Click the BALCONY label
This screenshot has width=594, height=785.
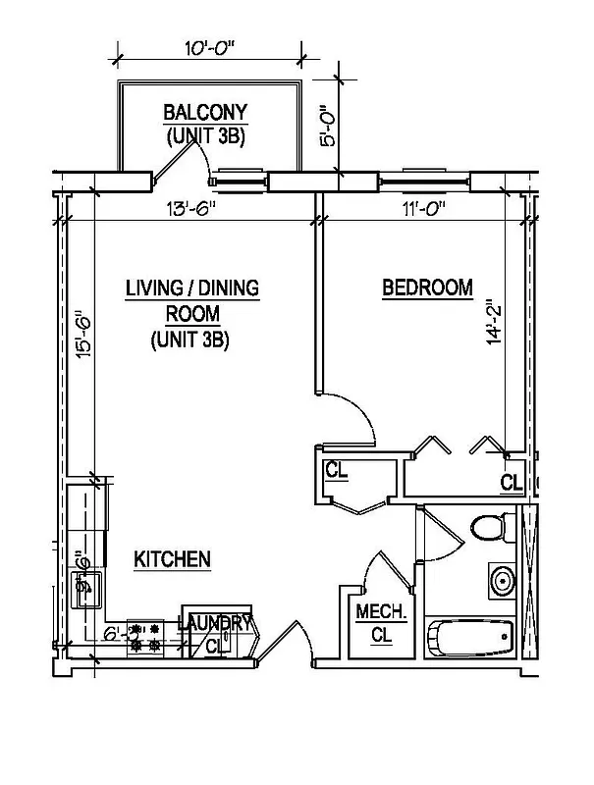pyautogui.click(x=205, y=112)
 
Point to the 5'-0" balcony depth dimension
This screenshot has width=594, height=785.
pyautogui.click(x=330, y=127)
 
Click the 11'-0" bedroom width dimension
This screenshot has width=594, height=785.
pyautogui.click(x=419, y=208)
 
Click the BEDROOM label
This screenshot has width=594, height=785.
pyautogui.click(x=427, y=288)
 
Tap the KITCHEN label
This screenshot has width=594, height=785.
pyautogui.click(x=173, y=559)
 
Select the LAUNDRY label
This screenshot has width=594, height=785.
pyautogui.click(x=216, y=621)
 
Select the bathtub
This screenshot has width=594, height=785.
pyautogui.click(x=470, y=639)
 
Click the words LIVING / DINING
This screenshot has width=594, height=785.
pyautogui.click(x=191, y=288)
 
